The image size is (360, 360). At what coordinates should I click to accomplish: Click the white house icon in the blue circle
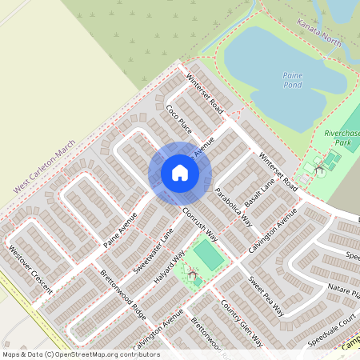coord(179,173)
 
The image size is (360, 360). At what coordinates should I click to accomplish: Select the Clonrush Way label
coord(199,225)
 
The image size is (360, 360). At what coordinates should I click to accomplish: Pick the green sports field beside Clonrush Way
coord(208,255)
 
